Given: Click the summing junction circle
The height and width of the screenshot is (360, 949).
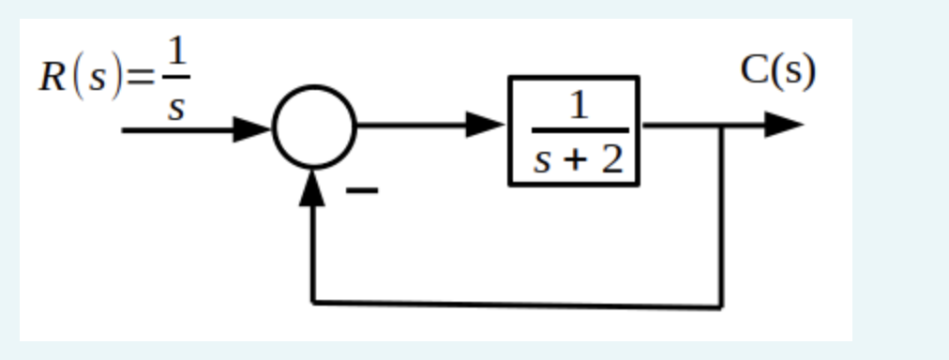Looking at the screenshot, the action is pyautogui.click(x=314, y=127).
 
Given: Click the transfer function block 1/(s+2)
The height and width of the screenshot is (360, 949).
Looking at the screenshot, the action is pyautogui.click(x=574, y=131).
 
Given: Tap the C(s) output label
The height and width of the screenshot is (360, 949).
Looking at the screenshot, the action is pyautogui.click(x=777, y=70).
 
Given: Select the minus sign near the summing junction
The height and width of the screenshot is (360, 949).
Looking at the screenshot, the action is pyautogui.click(x=363, y=191).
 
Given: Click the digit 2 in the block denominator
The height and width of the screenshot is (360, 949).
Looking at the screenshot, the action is pyautogui.click(x=611, y=160).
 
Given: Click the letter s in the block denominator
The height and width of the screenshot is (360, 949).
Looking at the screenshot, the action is pyautogui.click(x=543, y=161).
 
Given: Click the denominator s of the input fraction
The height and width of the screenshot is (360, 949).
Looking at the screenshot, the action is pyautogui.click(x=174, y=107).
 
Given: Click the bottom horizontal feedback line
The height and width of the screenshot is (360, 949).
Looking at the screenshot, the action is pyautogui.click(x=516, y=304).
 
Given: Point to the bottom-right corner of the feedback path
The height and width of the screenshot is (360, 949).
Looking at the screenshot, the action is pyautogui.click(x=721, y=306).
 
